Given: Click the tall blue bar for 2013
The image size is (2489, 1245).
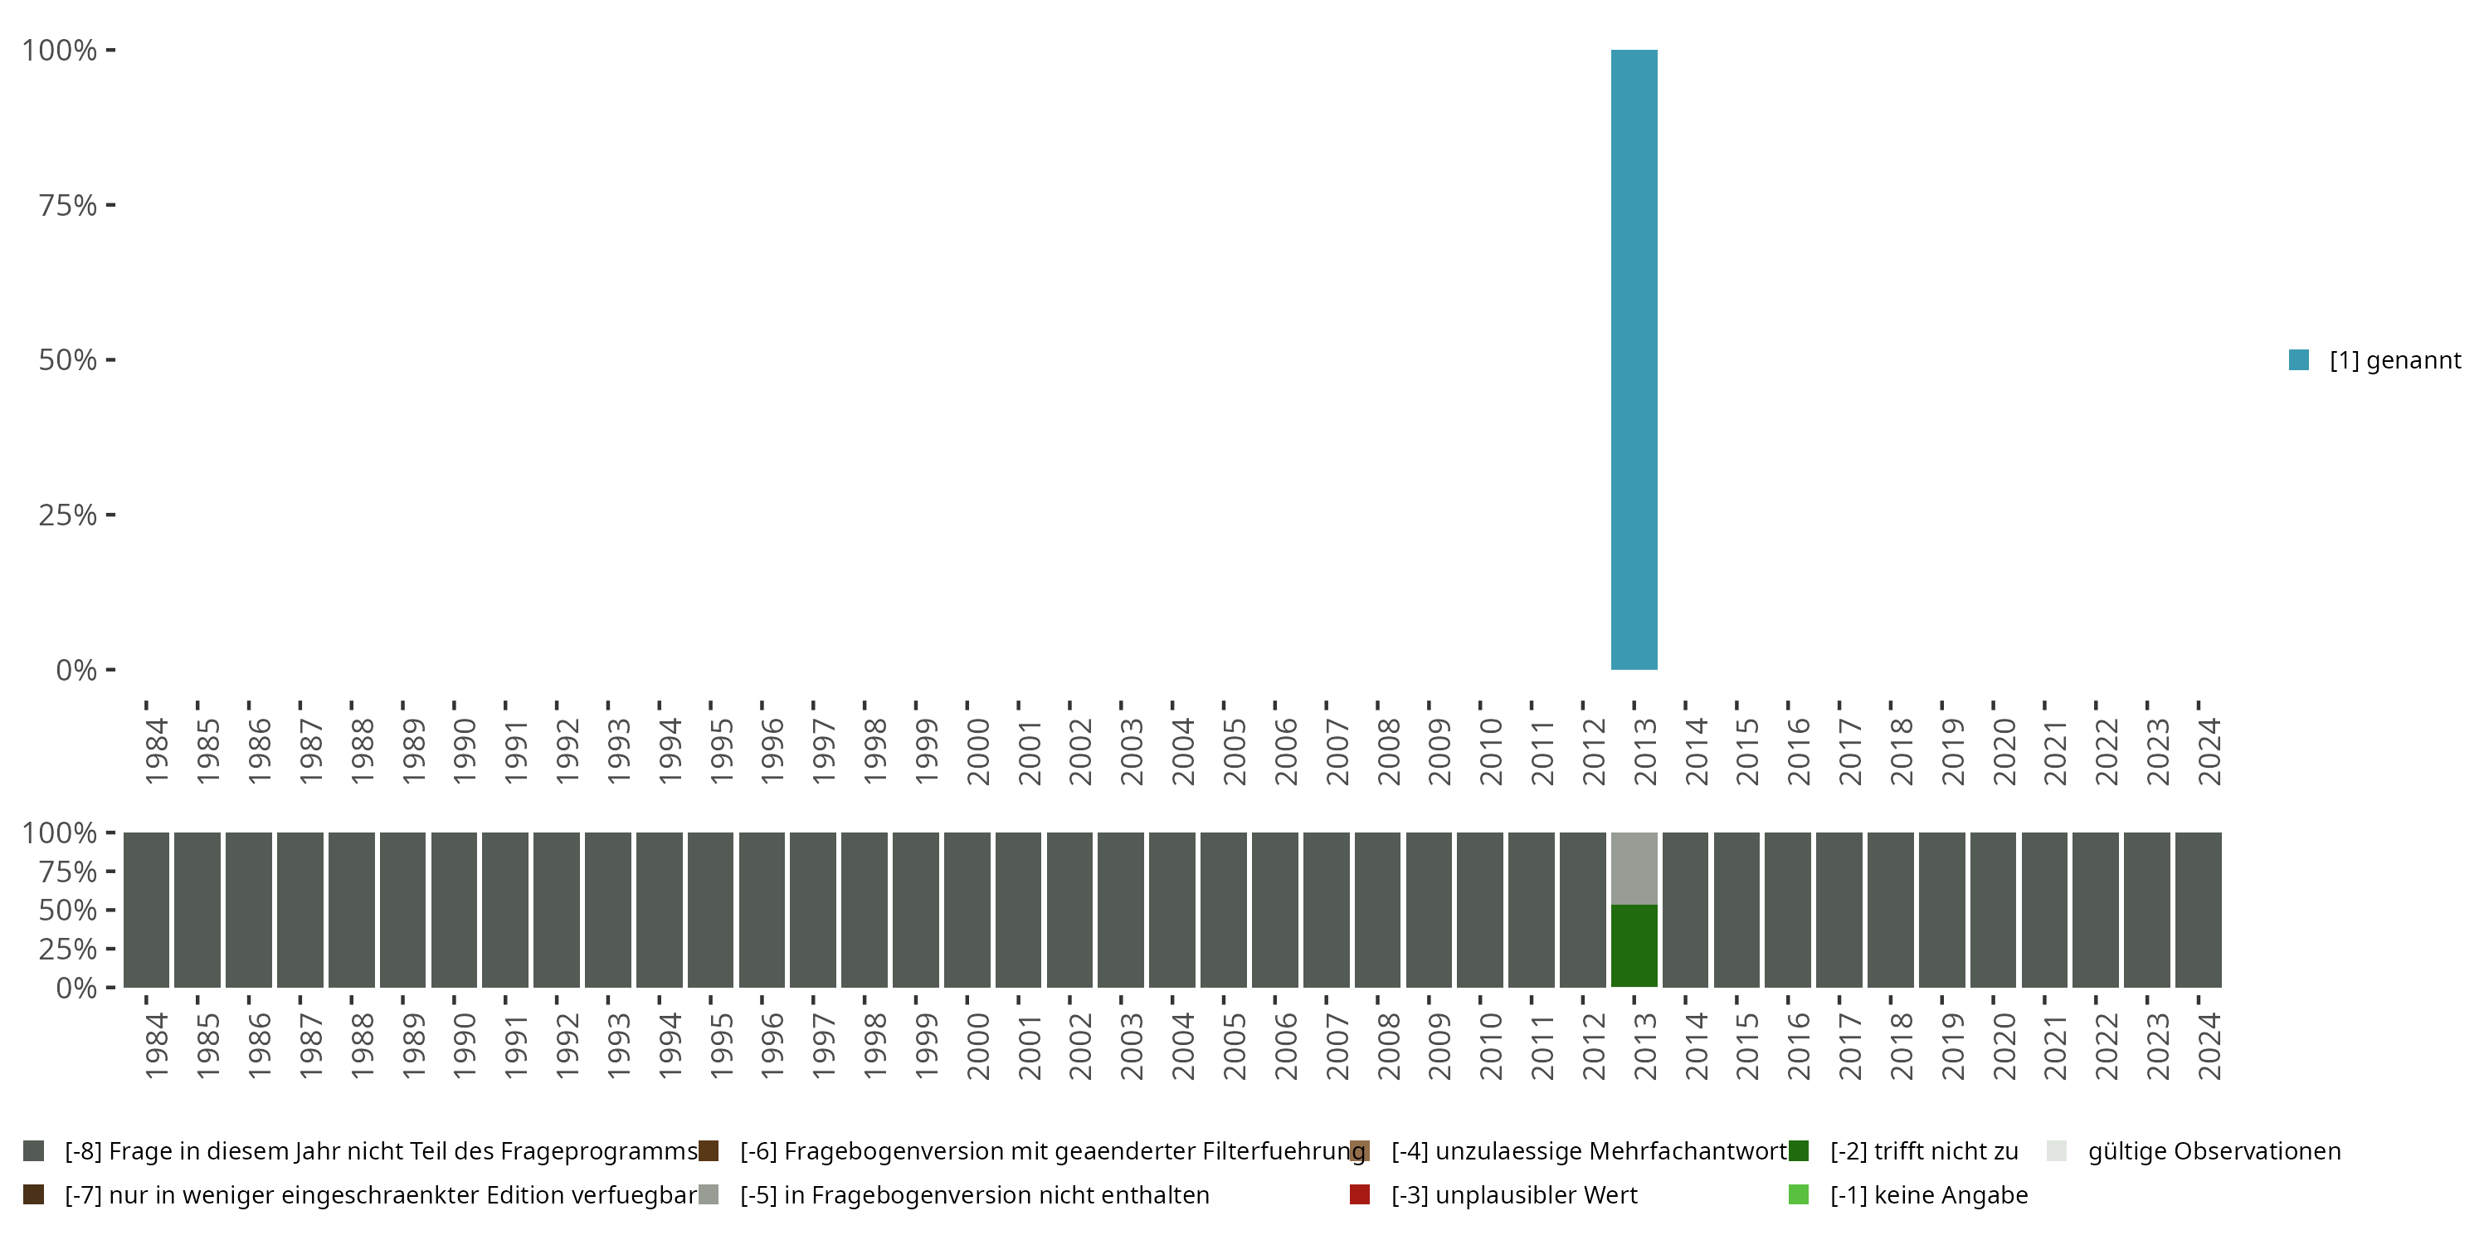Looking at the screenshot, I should [1634, 359].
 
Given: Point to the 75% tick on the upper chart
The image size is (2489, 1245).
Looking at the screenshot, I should [110, 205].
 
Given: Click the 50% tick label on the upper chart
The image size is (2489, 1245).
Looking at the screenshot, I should [68, 360].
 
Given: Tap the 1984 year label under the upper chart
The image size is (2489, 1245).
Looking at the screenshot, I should [157, 751].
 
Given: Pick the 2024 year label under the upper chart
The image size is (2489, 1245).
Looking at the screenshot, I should [2209, 751].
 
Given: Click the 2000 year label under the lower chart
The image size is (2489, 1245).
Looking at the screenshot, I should [978, 1046].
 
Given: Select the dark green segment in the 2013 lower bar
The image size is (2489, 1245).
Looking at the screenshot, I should [1634, 945].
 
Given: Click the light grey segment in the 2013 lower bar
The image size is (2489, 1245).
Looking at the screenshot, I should [1634, 868].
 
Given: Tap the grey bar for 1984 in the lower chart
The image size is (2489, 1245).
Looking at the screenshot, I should [146, 910].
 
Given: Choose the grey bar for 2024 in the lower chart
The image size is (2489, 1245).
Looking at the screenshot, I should [2198, 910].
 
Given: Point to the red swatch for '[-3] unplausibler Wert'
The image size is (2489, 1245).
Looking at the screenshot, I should [1360, 1194].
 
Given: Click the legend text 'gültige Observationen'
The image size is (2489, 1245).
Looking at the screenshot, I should [2214, 1151].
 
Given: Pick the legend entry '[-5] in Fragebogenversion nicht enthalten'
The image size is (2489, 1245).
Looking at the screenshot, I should [974, 1194].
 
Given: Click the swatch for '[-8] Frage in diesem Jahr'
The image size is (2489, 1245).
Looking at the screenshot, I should [34, 1151].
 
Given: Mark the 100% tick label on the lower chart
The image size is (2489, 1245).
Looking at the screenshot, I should [59, 833].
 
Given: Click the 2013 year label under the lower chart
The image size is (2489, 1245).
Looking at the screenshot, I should [1644, 1046].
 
